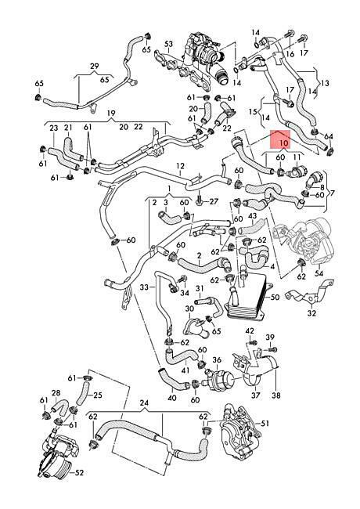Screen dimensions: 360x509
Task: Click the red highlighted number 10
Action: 283,143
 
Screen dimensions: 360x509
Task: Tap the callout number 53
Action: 168,44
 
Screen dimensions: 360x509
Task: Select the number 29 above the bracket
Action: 95,67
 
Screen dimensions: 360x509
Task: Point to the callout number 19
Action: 111,114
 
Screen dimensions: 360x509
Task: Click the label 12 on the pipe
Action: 180,166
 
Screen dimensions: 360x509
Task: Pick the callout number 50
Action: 275,298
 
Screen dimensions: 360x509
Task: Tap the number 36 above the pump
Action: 217,360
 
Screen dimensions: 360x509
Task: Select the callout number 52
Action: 79,472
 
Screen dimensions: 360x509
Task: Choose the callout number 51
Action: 265,424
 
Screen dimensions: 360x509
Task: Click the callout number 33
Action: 145,287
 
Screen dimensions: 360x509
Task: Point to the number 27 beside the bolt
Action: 214,201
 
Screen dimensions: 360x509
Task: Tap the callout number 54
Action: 319,273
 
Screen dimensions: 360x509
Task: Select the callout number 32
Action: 311,313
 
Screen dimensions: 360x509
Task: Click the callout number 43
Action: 252,216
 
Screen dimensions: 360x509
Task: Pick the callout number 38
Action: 276,395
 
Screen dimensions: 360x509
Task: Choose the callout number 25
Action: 98,395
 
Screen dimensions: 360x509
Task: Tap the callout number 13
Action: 325,83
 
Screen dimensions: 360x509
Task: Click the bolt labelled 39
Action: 272,349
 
